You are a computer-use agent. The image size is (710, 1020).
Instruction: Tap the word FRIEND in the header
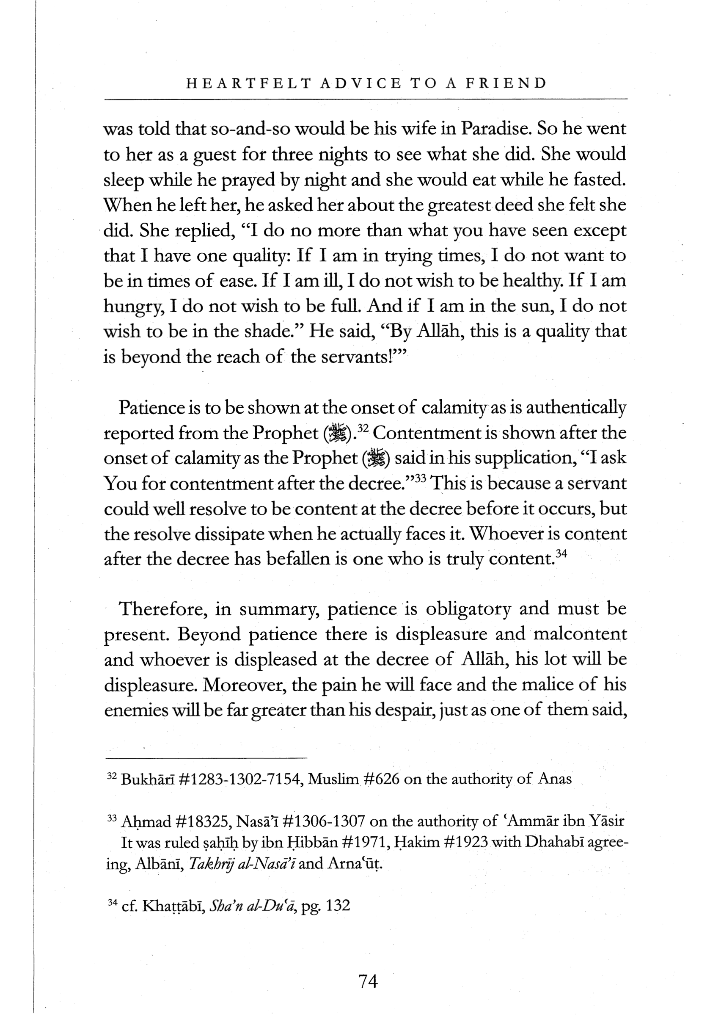coord(506,83)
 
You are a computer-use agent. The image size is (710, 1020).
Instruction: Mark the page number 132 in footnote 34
coord(338,906)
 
